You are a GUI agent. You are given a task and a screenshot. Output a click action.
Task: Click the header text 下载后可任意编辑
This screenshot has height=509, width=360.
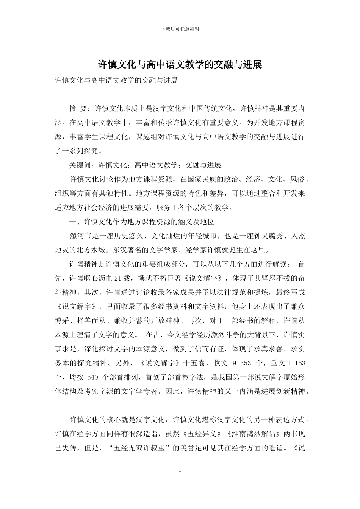coord(180,29)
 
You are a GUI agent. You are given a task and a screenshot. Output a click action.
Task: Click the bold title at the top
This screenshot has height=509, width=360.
coord(180,65)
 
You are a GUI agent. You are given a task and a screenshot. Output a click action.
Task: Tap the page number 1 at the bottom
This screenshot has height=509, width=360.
coord(180,470)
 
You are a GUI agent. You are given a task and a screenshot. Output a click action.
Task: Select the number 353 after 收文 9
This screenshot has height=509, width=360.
coord(246,363)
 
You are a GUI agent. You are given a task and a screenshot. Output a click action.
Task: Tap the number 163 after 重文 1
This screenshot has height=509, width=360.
coord(300,363)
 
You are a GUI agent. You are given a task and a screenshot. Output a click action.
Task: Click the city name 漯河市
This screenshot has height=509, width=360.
coord(80,236)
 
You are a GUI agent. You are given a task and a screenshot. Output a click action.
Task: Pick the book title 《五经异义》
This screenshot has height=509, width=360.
coord(200,434)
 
